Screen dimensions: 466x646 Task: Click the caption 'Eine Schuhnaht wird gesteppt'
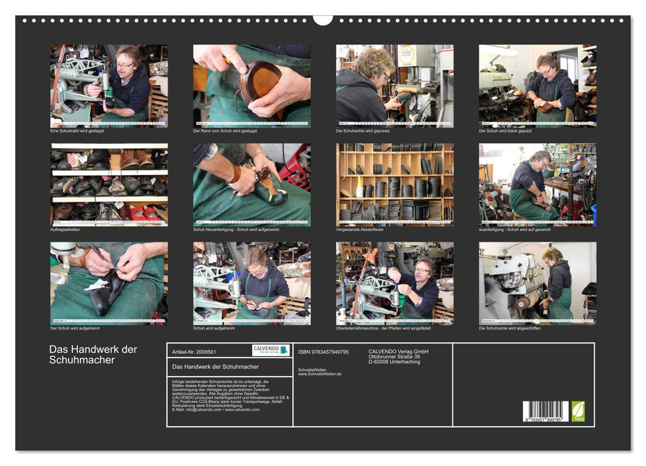click(77, 130)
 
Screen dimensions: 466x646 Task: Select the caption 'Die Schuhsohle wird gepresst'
click(363, 130)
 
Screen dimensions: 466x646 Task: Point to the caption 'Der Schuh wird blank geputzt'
click(505, 130)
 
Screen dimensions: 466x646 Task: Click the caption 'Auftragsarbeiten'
click(65, 229)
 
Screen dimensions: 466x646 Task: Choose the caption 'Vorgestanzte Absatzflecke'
click(361, 229)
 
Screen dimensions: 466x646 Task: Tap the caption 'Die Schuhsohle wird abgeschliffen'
click(510, 328)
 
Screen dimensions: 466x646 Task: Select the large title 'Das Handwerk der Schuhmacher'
click(92, 355)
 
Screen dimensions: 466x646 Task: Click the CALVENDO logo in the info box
click(271, 350)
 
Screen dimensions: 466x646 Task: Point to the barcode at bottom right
click(546, 411)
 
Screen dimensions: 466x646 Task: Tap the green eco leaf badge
click(578, 411)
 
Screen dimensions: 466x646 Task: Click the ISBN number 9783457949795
click(323, 351)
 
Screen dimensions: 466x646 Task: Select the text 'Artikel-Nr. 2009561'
click(194, 351)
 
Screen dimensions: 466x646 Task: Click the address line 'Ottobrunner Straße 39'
click(394, 357)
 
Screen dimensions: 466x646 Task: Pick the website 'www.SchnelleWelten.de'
click(320, 374)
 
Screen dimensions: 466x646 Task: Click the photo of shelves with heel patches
click(395, 184)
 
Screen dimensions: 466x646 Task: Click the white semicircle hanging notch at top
click(323, 19)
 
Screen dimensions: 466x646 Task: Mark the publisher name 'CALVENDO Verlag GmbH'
click(399, 351)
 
